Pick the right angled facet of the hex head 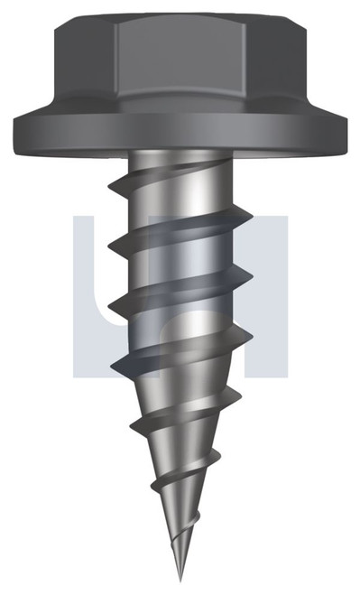tap(274, 59)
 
